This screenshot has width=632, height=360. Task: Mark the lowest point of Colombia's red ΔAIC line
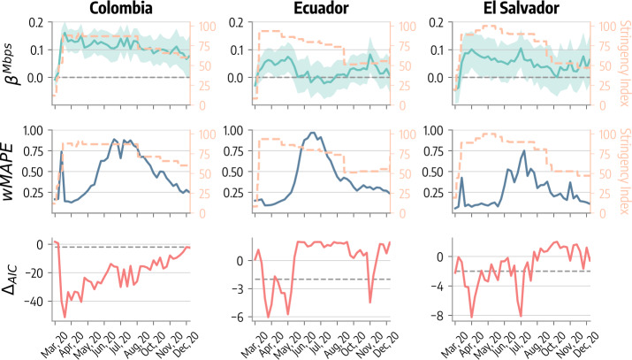coord(65,317)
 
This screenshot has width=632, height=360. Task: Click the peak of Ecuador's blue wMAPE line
coord(313,133)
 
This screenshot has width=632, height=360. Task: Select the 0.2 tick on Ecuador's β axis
coord(237,21)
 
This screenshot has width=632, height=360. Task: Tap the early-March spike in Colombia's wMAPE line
coord(61,152)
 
